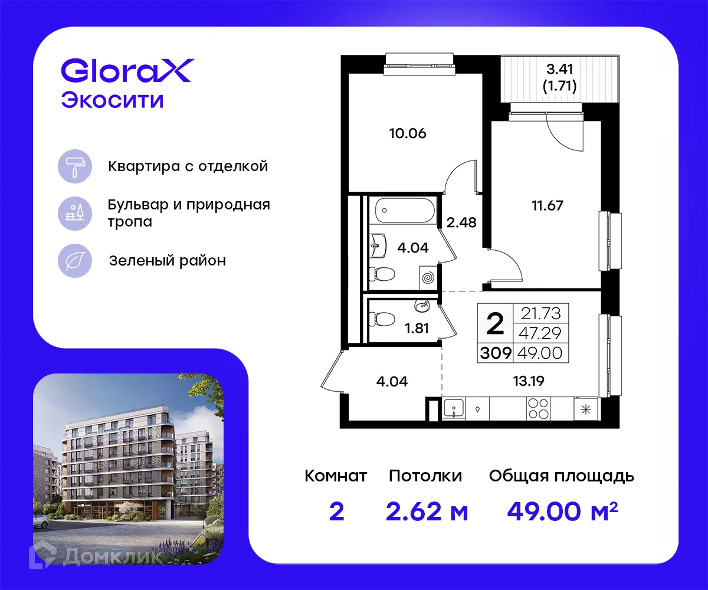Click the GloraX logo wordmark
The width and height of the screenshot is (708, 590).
(x=126, y=71)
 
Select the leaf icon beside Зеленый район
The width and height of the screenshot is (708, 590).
(x=74, y=261)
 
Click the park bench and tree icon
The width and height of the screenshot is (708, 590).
(x=74, y=214)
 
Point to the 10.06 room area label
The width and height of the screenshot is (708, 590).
(x=407, y=133)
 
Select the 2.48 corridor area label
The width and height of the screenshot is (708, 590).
(x=461, y=223)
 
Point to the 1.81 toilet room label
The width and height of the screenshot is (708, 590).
(x=417, y=329)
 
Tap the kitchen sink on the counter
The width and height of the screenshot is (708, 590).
(x=453, y=408)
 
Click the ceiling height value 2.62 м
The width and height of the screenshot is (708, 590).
(x=427, y=512)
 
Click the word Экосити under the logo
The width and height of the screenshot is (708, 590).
(x=112, y=100)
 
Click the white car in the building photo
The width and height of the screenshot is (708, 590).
(x=40, y=520)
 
